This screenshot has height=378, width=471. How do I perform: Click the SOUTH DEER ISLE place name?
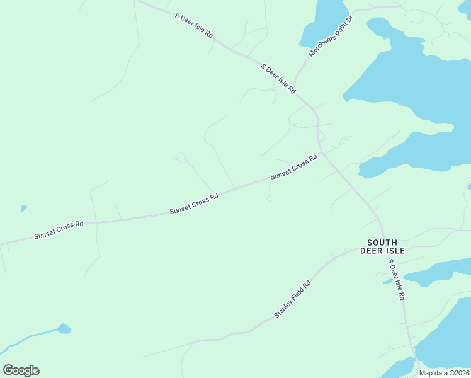pyautogui.click(x=382, y=246)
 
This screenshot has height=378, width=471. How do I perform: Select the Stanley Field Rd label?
pyautogui.click(x=293, y=299)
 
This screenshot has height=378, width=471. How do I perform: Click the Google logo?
pyautogui.click(x=21, y=370)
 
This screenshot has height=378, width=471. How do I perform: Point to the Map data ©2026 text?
pyautogui.click(x=445, y=373)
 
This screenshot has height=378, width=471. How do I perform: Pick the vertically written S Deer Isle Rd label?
pyautogui.click(x=396, y=279)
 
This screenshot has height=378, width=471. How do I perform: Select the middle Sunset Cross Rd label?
pyautogui.click(x=194, y=204)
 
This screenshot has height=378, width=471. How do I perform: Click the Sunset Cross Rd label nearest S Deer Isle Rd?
pyautogui.click(x=293, y=167)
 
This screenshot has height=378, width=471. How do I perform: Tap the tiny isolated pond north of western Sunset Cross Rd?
pyautogui.click(x=23, y=208)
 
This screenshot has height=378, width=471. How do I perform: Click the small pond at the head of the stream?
pyautogui.click(x=64, y=328)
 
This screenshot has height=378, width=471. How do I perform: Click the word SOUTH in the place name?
pyautogui.click(x=382, y=242)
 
